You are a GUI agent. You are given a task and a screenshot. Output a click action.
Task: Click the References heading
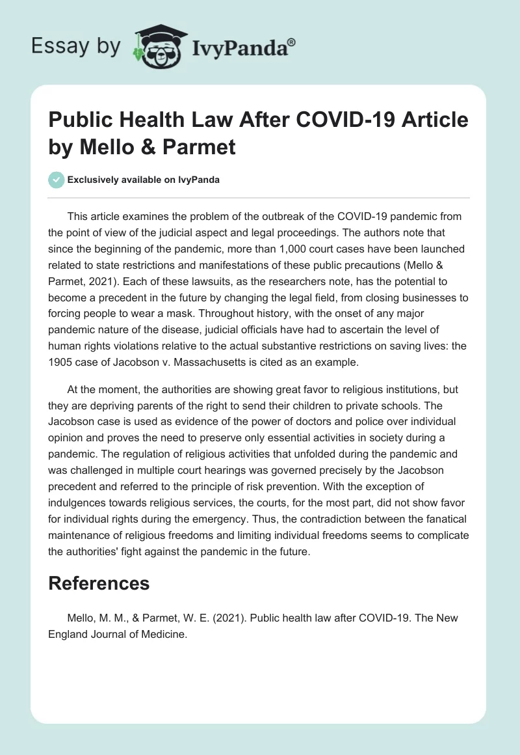click(x=99, y=583)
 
